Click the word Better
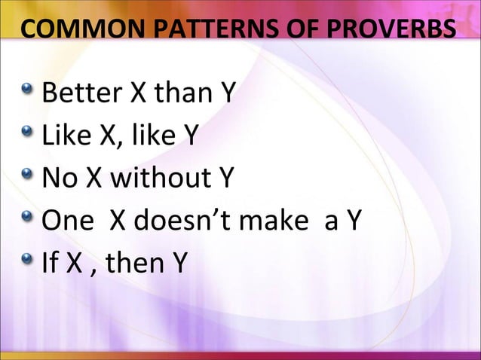[82, 96]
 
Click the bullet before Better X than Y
[28, 95]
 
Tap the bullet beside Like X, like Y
[28, 136]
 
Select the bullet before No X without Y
[28, 178]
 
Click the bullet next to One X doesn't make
[28, 220]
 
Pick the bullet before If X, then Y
[28, 262]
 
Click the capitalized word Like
[66, 138]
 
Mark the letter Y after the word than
[225, 96]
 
